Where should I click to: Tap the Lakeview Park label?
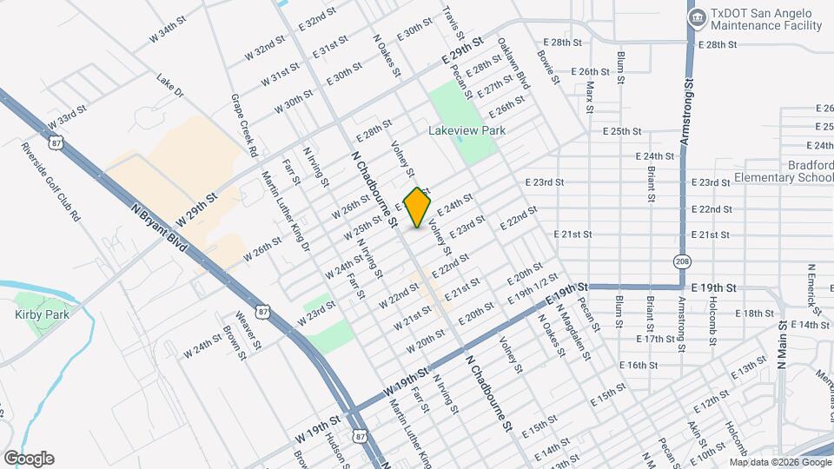tap(467, 130)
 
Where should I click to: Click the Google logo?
tap(29, 459)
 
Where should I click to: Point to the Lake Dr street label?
tap(170, 85)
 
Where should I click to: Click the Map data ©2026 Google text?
tap(779, 460)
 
